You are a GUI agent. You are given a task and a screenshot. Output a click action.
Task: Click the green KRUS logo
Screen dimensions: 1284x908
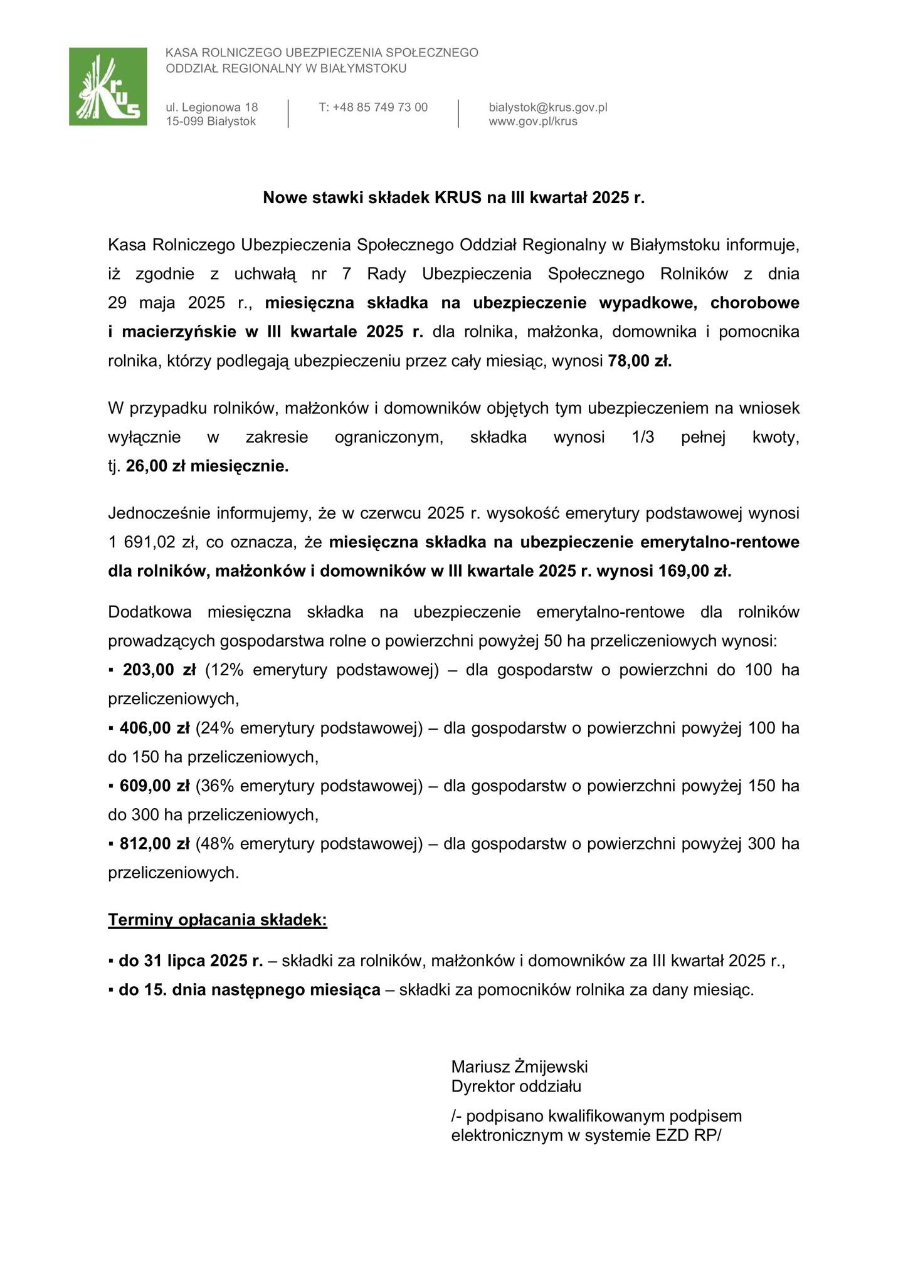click(108, 87)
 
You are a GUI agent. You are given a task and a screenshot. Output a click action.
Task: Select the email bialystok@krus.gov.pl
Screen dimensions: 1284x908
click(547, 107)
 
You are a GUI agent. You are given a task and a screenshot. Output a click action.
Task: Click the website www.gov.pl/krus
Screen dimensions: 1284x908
click(532, 122)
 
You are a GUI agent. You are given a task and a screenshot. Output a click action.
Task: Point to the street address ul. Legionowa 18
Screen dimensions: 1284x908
click(212, 107)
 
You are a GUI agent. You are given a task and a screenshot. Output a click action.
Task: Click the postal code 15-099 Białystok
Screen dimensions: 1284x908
click(211, 122)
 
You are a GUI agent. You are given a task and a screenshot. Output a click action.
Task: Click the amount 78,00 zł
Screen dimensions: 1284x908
click(640, 361)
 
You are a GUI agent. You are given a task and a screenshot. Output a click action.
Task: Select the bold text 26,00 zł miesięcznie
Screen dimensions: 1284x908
click(208, 466)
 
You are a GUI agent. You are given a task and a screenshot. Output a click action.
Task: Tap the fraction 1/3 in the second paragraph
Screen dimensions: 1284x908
click(643, 438)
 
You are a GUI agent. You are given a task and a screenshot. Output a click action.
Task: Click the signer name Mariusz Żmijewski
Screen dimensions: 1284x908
click(519, 1066)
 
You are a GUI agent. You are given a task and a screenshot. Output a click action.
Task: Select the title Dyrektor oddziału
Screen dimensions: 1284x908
click(516, 1086)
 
